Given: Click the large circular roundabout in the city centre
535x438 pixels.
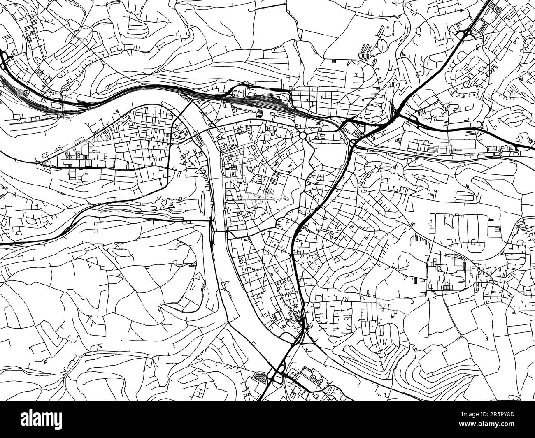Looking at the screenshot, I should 304,135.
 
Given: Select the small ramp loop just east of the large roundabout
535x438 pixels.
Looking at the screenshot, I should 353,143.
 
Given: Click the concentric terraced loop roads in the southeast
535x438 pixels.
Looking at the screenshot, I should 370,350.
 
